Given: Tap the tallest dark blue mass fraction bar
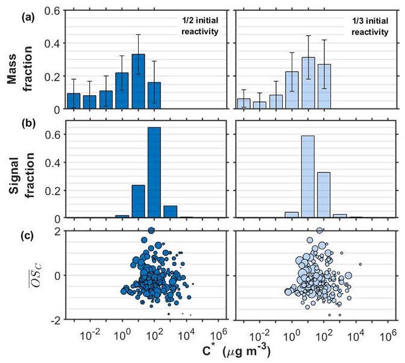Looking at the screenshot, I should [x=138, y=82].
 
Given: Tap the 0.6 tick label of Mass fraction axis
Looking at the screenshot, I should [x=52, y=11].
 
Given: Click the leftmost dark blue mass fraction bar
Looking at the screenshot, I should [x=74, y=101].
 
